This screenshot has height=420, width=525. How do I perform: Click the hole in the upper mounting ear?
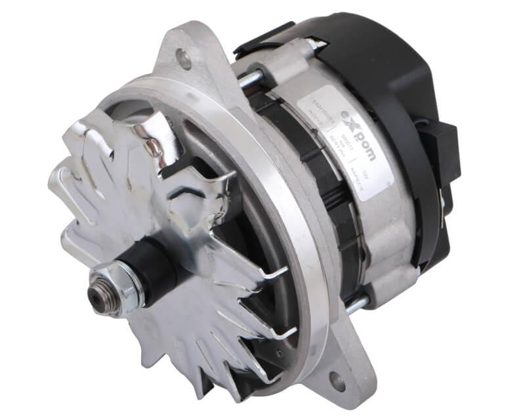pos(185,59)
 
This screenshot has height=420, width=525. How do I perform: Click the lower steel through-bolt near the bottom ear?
pos(357,305)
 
